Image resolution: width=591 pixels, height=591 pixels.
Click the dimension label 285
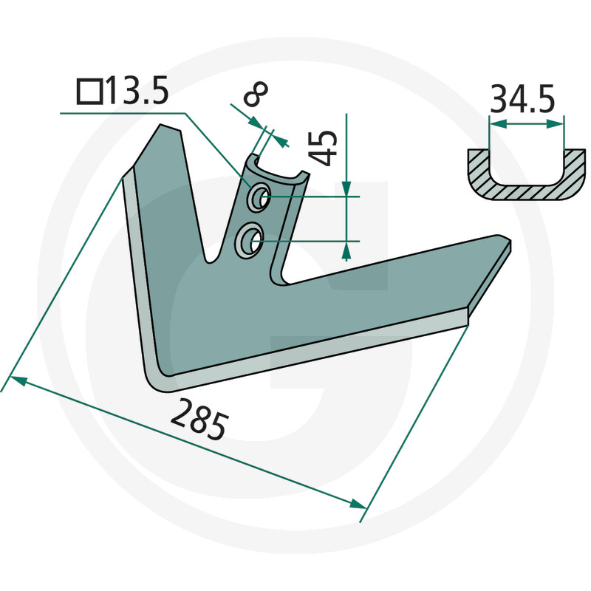(x=199, y=420)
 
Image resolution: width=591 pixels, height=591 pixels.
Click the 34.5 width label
(x=522, y=100)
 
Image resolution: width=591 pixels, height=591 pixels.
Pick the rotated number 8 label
(x=256, y=94)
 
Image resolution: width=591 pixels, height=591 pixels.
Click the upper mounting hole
(x=258, y=197)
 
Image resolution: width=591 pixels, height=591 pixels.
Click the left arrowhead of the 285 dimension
(x=18, y=380)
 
